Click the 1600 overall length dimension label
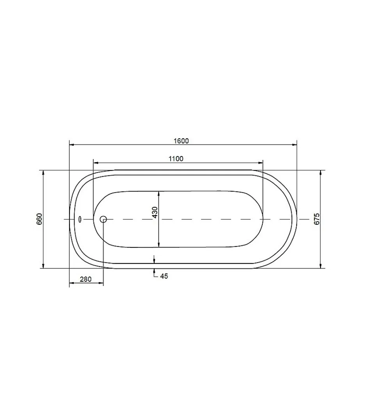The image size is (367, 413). coord(181,141)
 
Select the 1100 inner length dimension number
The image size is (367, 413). coord(176,159)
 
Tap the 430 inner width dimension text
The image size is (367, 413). coord(155,212)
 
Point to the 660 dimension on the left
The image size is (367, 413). coord(39,219)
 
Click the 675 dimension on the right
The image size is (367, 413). coord(317,219)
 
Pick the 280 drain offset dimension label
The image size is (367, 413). coord(86,279)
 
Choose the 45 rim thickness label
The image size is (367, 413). coord(164,276)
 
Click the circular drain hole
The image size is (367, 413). coord(103,219)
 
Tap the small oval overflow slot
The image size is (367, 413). coord(80,219)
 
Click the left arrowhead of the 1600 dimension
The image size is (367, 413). coord(71,145)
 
